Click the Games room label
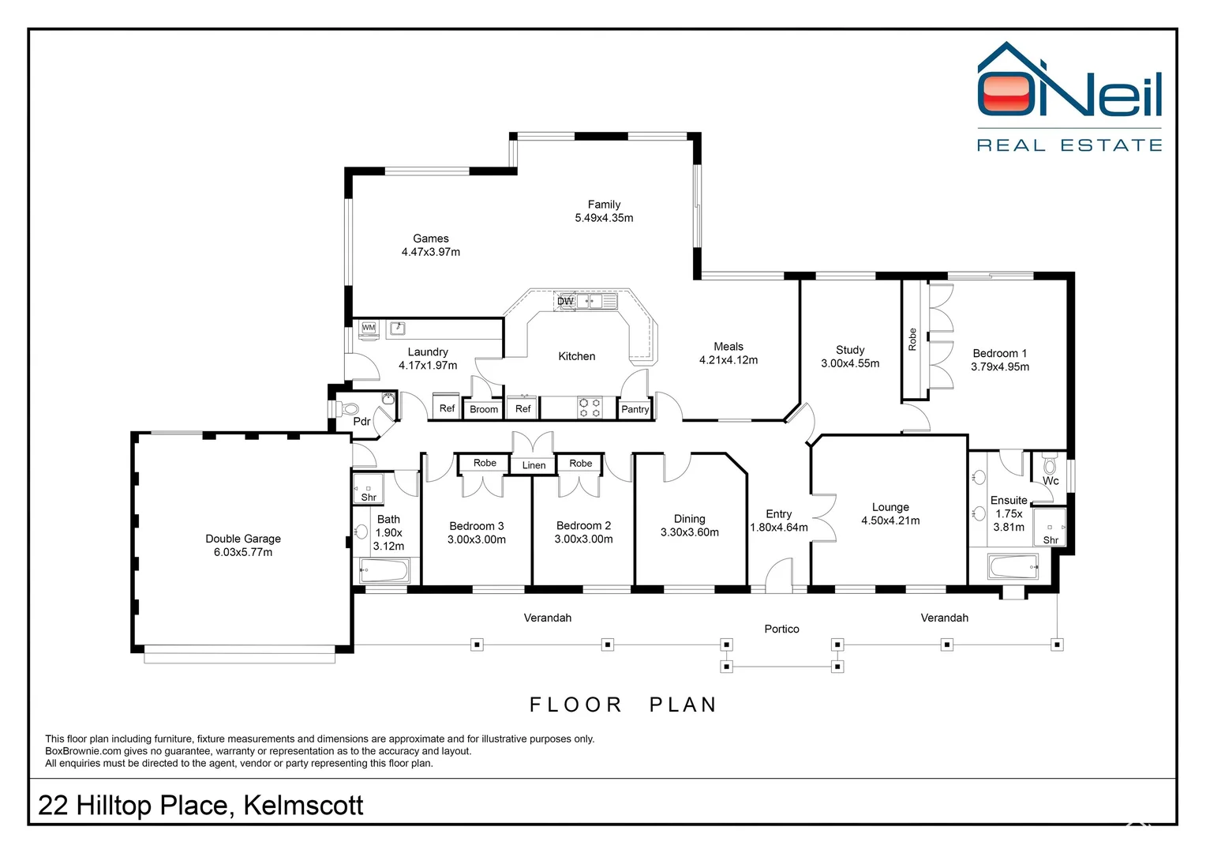pyautogui.click(x=431, y=239)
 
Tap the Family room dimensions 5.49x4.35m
pyautogui.click(x=604, y=218)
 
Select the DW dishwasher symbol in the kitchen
pyautogui.click(x=565, y=301)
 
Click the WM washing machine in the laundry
pyautogui.click(x=369, y=329)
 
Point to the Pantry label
pyautogui.click(x=635, y=409)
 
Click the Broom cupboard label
pyautogui.click(x=484, y=410)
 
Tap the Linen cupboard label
pyautogui.click(x=534, y=465)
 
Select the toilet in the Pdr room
pyautogui.click(x=347, y=409)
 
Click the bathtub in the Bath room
pyautogui.click(x=384, y=570)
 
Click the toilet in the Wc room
pyautogui.click(x=1050, y=464)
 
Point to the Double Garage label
pyautogui.click(x=243, y=539)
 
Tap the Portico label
pyautogui.click(x=781, y=629)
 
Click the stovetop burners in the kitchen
pyautogui.click(x=590, y=408)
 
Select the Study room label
pyautogui.click(x=850, y=350)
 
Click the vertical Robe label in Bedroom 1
pyautogui.click(x=912, y=340)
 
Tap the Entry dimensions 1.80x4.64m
pyautogui.click(x=779, y=528)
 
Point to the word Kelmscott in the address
pyautogui.click(x=303, y=806)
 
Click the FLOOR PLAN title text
pyautogui.click(x=623, y=705)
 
